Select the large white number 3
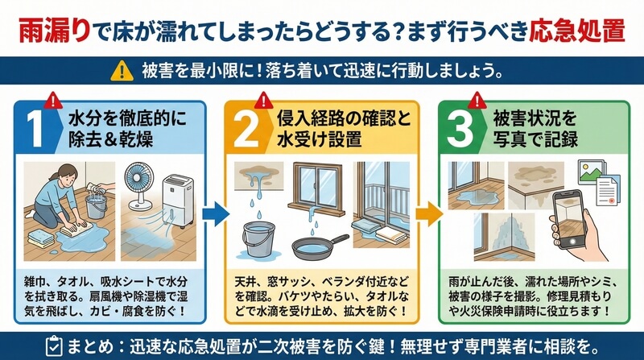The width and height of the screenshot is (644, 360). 460,129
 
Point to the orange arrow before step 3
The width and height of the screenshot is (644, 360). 429,213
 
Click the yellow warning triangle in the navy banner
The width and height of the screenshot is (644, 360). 122,71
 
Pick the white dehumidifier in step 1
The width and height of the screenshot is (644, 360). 178,201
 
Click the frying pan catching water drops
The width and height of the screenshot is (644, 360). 320,246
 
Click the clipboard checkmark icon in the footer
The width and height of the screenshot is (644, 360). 54,346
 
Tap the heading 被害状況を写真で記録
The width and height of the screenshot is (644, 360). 535,129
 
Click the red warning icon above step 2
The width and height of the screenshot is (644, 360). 264,100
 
